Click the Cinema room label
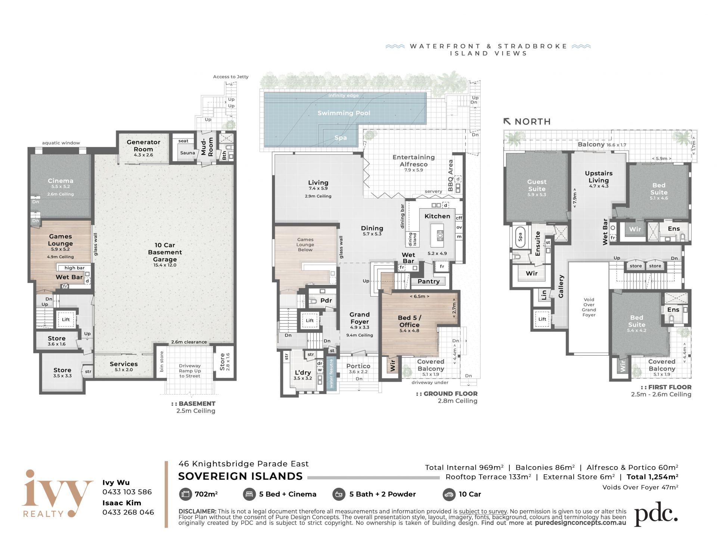coord(60,181)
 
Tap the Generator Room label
coord(143,146)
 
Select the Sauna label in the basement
coord(187,153)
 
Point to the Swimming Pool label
coord(344,113)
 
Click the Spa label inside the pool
coord(341,138)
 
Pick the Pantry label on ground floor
coord(429,281)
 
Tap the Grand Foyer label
coord(360,318)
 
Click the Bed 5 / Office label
coord(410,321)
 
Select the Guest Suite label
coord(537,185)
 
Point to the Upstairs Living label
coord(599,177)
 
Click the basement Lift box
coord(66,319)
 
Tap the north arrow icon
coord(507,121)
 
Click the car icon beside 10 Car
coord(448,494)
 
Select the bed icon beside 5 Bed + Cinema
coord(249,494)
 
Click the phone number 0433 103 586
coord(127,492)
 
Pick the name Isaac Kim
coord(122,503)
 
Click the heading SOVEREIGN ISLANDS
coord(240,477)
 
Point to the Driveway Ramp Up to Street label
coord(190,371)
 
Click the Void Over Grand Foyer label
coord(589,307)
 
